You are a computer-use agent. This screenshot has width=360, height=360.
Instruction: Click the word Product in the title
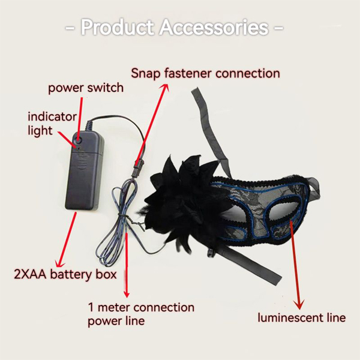tap(117, 28)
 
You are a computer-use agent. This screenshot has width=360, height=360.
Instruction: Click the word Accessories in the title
tap(214, 28)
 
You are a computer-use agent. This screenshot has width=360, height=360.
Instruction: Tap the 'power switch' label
tap(86, 88)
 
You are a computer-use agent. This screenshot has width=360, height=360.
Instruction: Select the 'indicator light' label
tap(52, 124)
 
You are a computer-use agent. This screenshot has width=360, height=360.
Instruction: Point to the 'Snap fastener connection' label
tap(205, 73)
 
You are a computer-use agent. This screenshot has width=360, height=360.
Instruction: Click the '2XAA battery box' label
tap(65, 274)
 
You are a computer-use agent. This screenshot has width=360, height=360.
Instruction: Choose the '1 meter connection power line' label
tap(141, 314)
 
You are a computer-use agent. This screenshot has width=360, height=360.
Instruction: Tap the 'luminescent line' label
tap(301, 318)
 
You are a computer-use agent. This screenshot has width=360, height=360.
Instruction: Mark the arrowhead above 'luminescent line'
tap(299, 304)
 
